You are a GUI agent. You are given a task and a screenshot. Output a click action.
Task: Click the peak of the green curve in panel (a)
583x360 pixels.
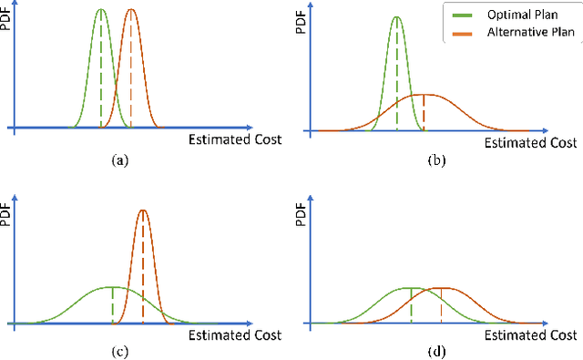[101, 10]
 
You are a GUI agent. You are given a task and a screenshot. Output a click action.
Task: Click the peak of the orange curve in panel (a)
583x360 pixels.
[131, 10]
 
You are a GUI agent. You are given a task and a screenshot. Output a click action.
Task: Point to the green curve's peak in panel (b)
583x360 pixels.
[396, 16]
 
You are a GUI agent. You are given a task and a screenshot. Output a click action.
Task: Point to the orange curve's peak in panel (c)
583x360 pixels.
[143, 211]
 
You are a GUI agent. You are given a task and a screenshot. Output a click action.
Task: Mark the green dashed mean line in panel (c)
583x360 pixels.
[112, 305]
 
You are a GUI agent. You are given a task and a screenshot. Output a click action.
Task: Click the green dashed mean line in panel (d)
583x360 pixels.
[411, 306]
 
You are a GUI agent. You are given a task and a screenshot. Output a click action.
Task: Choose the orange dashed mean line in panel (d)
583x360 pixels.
[441, 306]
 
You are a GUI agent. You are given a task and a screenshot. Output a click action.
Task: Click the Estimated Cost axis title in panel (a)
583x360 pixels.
[235, 139]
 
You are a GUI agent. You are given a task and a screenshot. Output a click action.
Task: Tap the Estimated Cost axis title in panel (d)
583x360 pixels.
[531, 334]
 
